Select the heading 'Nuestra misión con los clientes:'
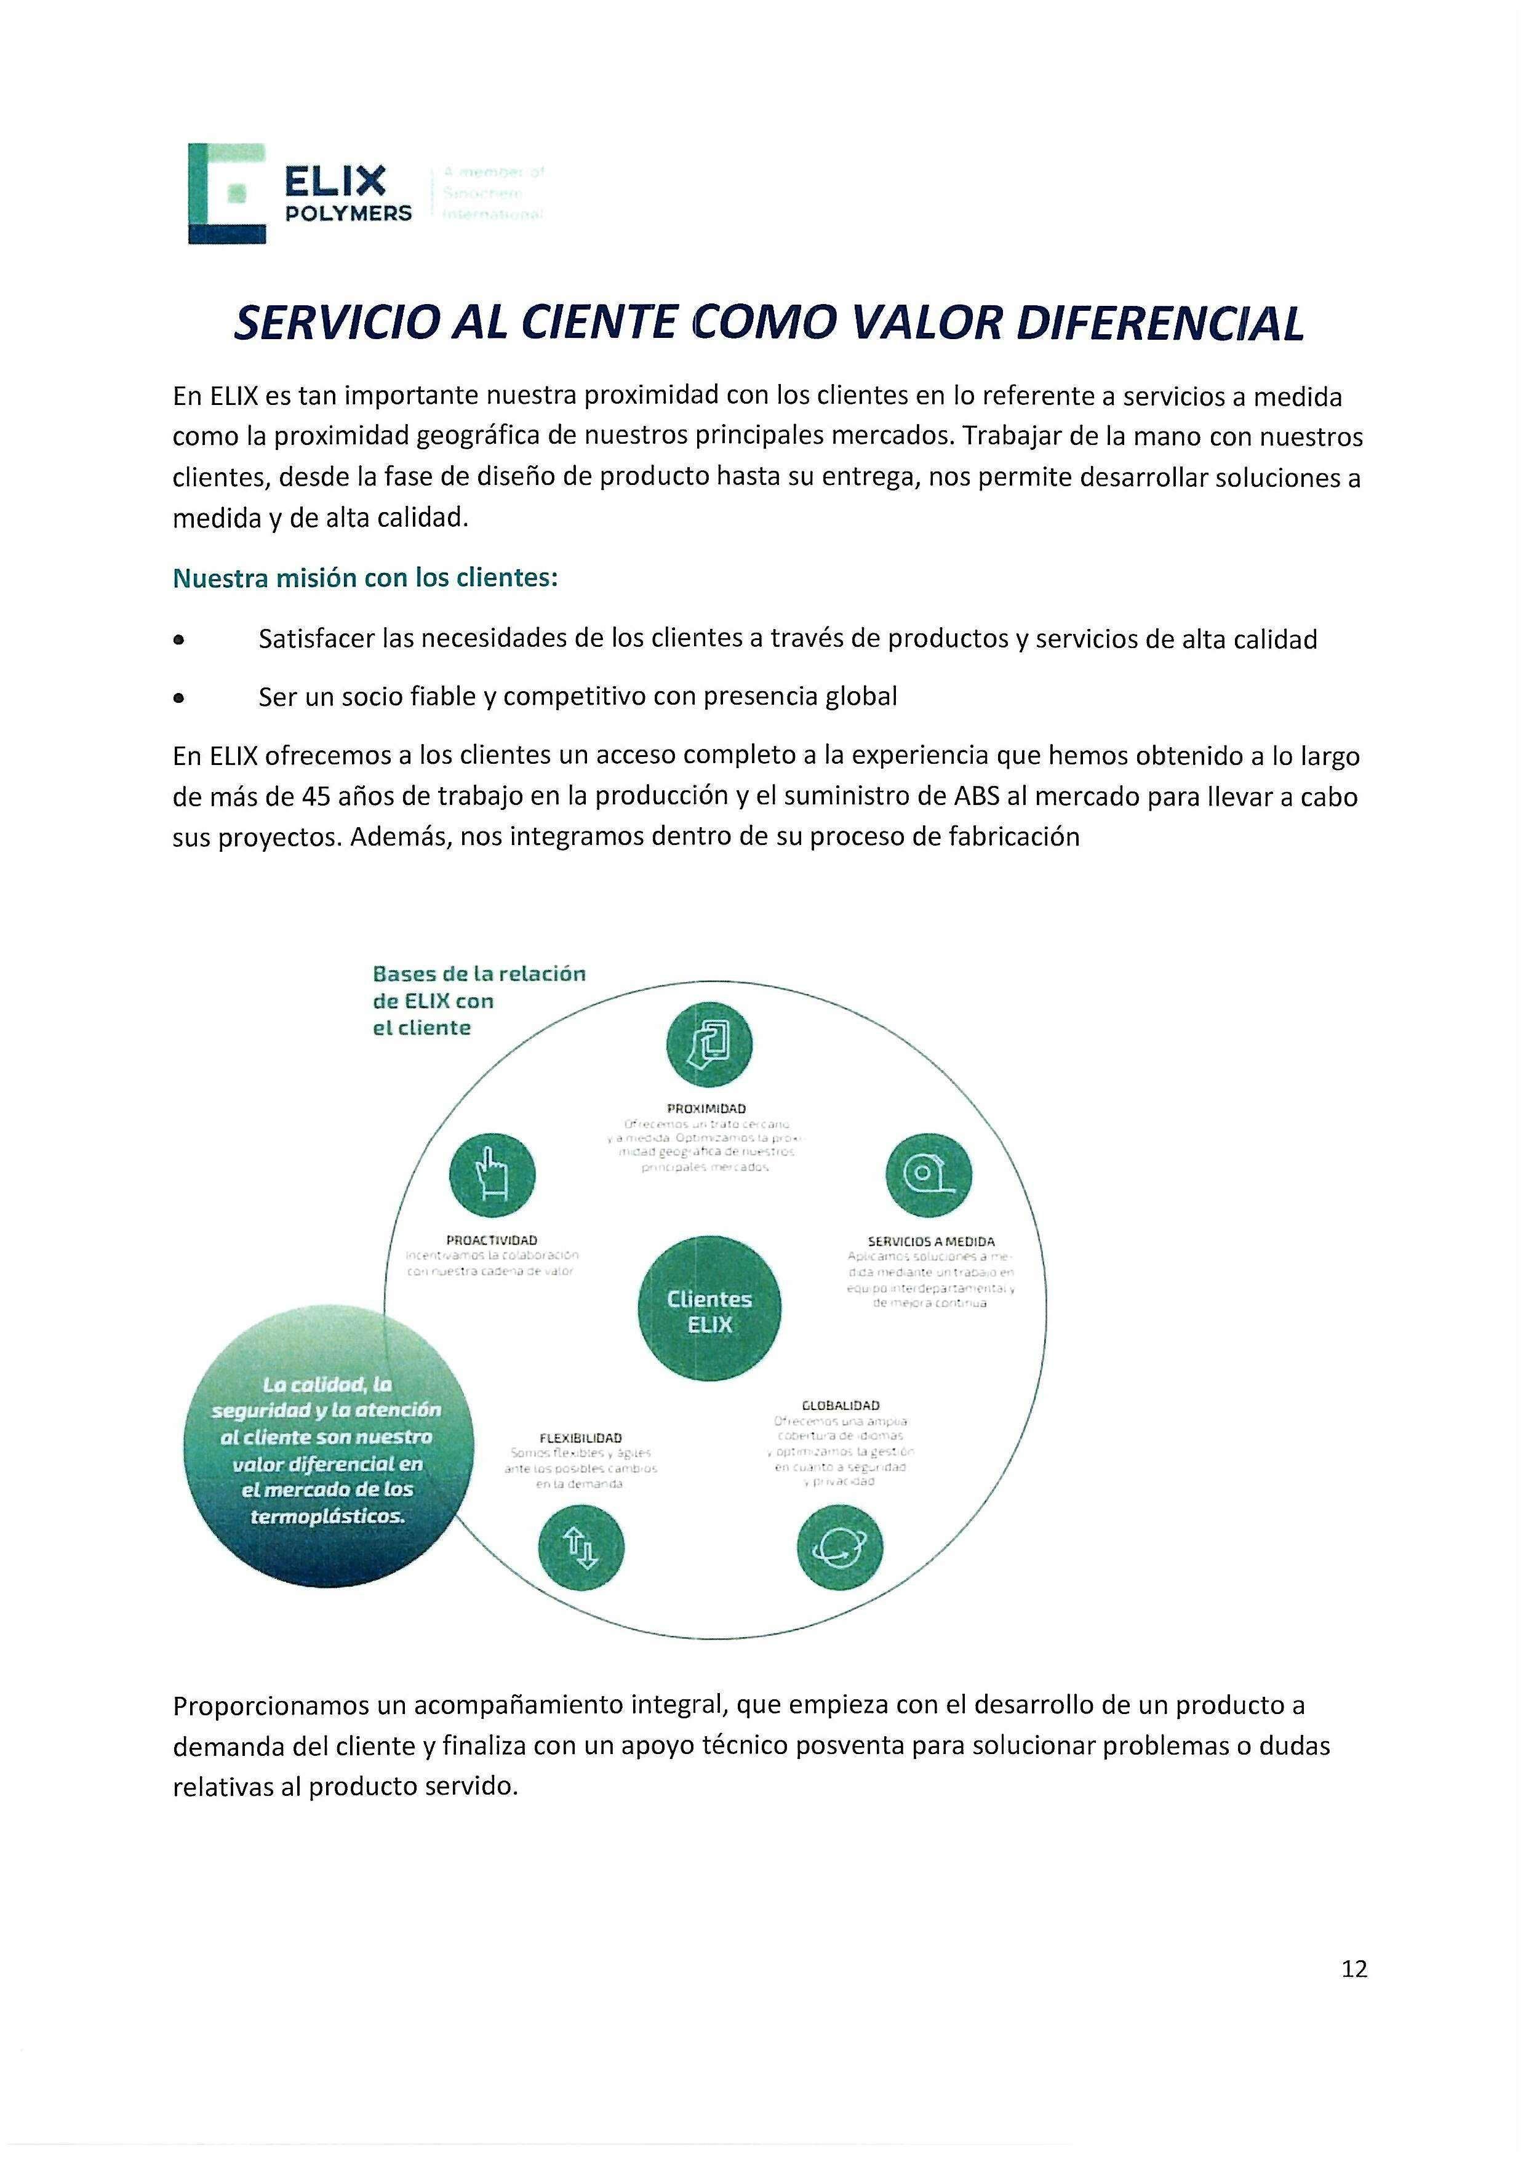(365, 577)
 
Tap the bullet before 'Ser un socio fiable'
(178, 698)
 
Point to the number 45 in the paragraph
(314, 796)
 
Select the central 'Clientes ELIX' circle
(709, 1311)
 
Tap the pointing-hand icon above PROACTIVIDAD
(492, 1176)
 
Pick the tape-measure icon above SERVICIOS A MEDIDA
(929, 1176)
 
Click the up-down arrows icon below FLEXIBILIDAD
(581, 1548)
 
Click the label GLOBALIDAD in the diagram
(841, 1405)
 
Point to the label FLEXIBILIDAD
(580, 1438)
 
